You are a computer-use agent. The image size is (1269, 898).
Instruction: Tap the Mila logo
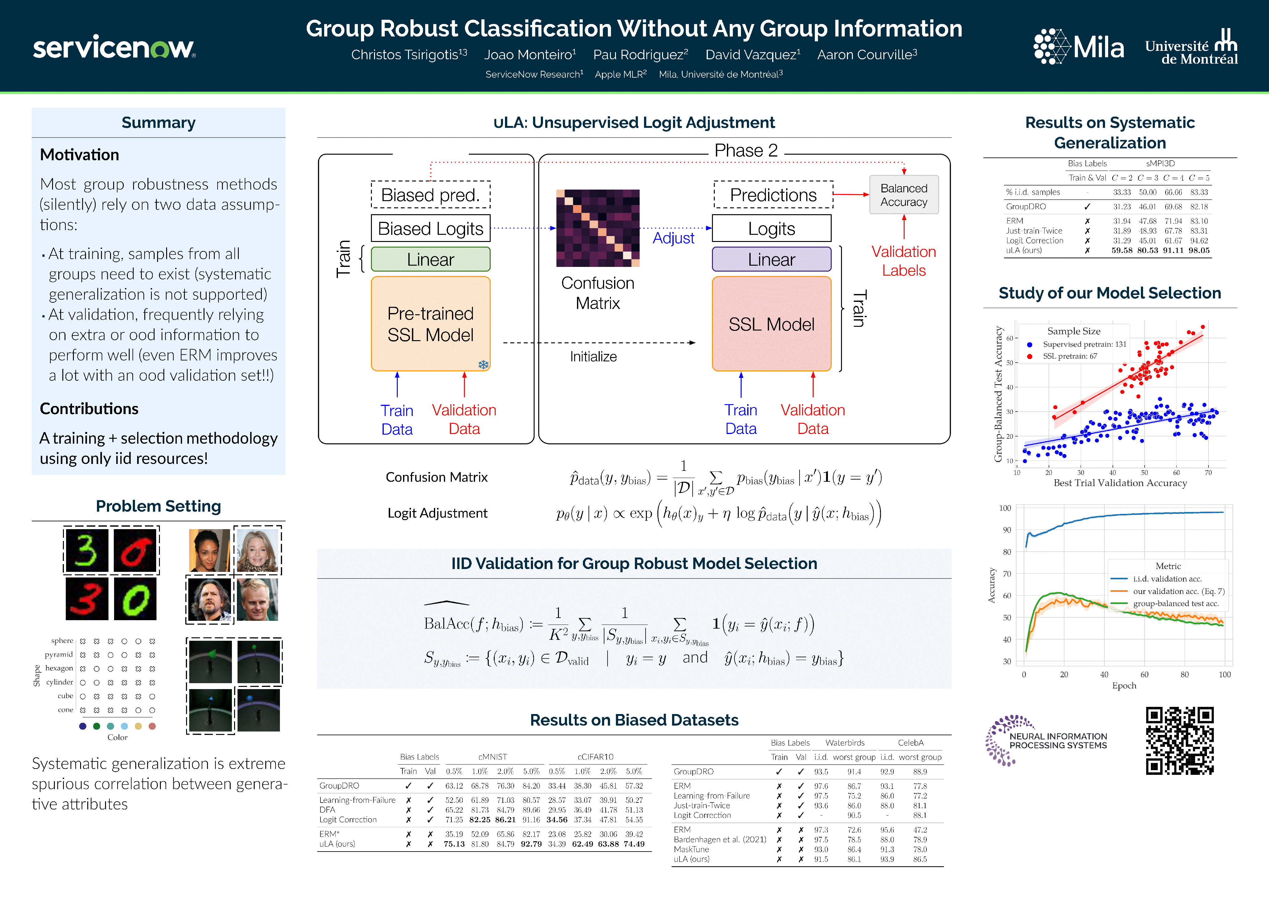[x=1078, y=46]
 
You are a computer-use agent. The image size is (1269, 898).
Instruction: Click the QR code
[x=1180, y=741]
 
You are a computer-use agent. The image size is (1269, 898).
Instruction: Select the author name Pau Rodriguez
[x=640, y=55]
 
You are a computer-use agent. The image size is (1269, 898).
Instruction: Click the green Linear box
[x=430, y=259]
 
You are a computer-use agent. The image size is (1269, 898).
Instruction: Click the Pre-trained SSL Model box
[x=430, y=324]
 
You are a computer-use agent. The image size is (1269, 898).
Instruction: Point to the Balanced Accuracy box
[x=904, y=195]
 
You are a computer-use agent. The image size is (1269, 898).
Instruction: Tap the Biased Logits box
[x=430, y=228]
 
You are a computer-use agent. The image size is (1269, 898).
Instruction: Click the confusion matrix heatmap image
[x=598, y=228]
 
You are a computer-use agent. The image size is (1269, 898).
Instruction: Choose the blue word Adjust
[x=673, y=238]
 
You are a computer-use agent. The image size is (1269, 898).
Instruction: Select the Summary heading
[x=159, y=123]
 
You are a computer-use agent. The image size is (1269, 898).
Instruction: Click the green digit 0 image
[x=135, y=599]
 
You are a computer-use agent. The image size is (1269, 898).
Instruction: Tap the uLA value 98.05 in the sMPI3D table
[x=1199, y=250]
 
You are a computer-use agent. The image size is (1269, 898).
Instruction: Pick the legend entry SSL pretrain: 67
[x=1070, y=356]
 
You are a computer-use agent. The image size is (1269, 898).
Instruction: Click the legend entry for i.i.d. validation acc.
[x=1167, y=579]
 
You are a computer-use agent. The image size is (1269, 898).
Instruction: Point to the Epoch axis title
[x=1124, y=686]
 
